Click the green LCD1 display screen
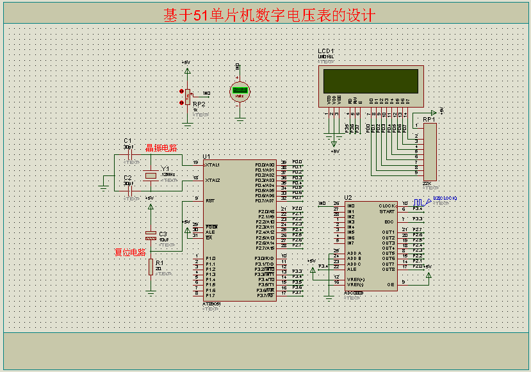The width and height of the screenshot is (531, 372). (372, 81)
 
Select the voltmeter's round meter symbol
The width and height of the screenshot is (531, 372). (240, 91)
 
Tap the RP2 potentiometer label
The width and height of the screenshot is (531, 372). (199, 104)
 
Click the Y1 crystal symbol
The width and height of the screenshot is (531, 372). (151, 175)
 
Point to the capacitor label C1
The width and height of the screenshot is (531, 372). (127, 140)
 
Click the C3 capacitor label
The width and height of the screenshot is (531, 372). (163, 234)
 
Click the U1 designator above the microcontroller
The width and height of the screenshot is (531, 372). (206, 156)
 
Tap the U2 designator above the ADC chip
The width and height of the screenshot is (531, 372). (348, 197)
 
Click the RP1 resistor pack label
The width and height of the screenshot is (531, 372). (429, 119)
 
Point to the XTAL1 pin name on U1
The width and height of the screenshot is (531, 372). (213, 165)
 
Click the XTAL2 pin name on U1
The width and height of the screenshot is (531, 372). (213, 181)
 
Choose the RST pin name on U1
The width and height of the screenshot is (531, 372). (209, 201)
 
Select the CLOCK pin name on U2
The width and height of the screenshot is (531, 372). (387, 206)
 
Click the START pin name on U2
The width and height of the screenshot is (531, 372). (387, 211)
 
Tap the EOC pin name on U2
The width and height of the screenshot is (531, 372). (389, 222)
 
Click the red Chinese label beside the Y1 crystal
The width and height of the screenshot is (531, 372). (161, 148)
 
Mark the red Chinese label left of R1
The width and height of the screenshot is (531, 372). (130, 252)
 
